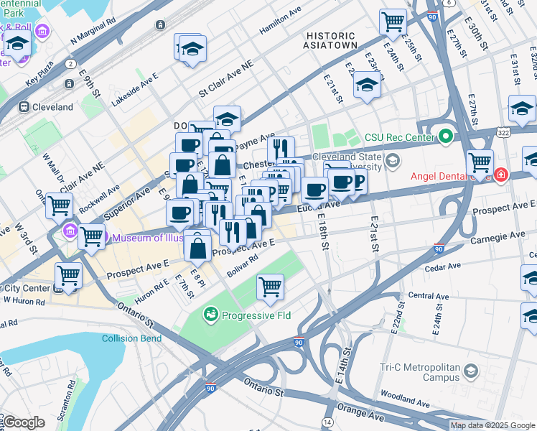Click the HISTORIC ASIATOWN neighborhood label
tap(330, 40)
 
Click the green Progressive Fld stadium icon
tap(210, 314)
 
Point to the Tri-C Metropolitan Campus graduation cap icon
tap(470, 371)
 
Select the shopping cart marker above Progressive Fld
tap(271, 287)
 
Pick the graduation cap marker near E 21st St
tap(367, 85)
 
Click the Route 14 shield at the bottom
tap(327, 422)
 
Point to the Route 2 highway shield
tap(70, 64)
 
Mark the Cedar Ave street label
tap(442, 267)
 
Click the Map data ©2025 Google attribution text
tap(492, 425)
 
